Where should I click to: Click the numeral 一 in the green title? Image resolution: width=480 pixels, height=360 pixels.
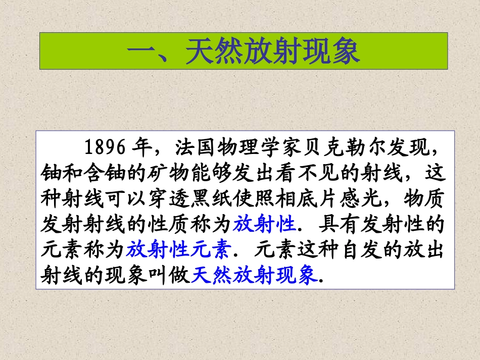point(139,52)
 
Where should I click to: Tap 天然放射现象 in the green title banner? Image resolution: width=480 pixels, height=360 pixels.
point(272,52)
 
